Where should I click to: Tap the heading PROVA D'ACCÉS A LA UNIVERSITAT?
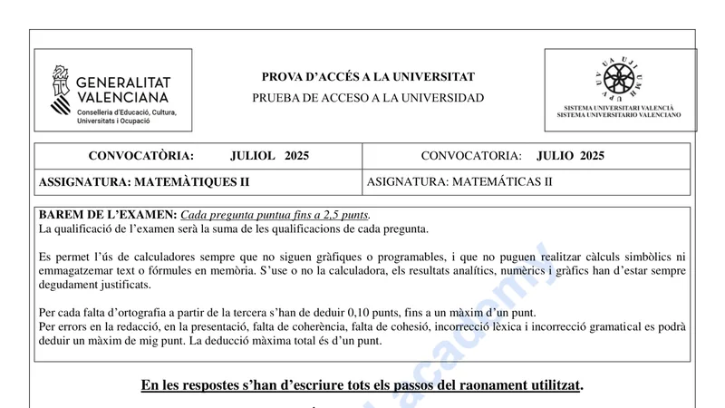tap(368, 77)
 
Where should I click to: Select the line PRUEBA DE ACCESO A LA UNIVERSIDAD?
tap(368, 98)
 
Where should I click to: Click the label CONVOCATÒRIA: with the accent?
tap(140, 156)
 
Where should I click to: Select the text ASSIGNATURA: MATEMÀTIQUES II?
tap(144, 181)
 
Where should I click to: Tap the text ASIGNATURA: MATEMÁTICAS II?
tap(459, 181)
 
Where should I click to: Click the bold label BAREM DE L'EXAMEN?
tap(108, 215)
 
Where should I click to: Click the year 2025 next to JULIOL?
tap(296, 156)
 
